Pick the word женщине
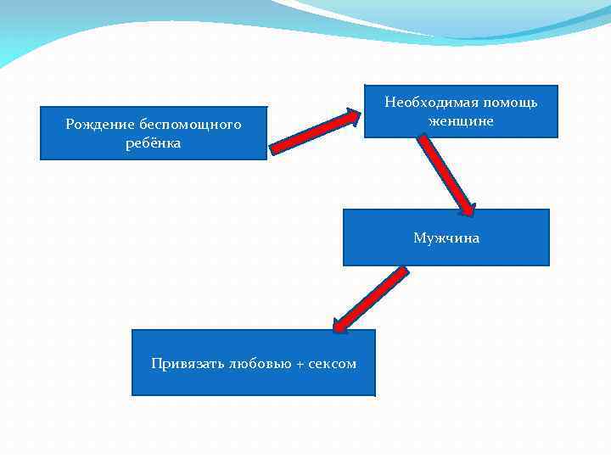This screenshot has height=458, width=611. [461, 120]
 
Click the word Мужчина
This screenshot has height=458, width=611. [446, 238]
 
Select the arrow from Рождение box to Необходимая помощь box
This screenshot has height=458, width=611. [313, 132]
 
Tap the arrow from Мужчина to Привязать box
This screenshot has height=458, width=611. [371, 299]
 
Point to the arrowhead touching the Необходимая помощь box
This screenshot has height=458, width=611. [352, 117]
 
